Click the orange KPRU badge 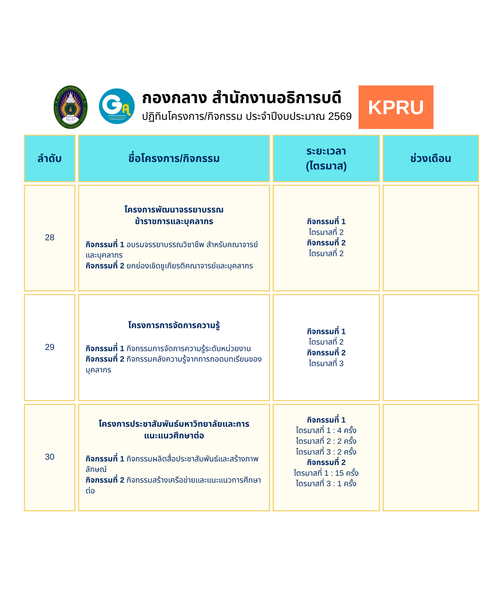(x=395, y=107)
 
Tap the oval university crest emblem (x=71, y=107)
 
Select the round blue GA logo (x=117, y=106)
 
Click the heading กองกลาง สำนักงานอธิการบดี (x=241, y=98)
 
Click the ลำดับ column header (x=50, y=158)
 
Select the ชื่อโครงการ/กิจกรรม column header (x=174, y=158)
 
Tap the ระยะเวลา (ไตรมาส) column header (x=326, y=158)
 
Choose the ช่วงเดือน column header (x=430, y=158)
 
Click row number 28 (x=50, y=237)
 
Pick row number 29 (x=50, y=347)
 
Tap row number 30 (x=50, y=457)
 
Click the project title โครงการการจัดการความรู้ (x=174, y=325)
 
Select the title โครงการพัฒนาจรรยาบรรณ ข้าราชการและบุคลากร (x=174, y=215)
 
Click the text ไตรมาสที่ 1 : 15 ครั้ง (x=326, y=473)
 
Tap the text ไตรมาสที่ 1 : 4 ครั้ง (x=326, y=430)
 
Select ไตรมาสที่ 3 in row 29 (x=326, y=363)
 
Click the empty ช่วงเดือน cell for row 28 (x=430, y=238)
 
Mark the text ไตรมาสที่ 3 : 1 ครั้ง (x=326, y=483)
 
